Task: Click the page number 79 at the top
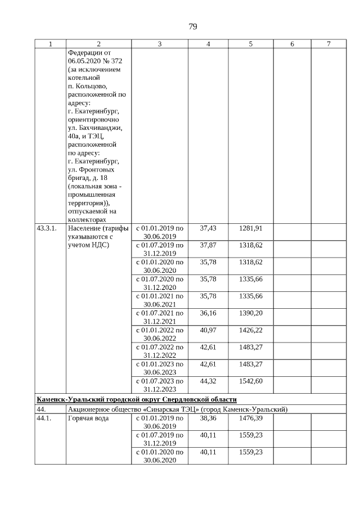(192, 27)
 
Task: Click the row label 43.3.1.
(47, 228)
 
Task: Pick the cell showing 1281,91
(251, 228)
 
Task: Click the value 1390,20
(251, 313)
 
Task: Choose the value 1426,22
(251, 330)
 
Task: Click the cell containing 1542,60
(251, 380)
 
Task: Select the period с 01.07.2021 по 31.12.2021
(159, 317)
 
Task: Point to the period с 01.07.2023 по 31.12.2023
(159, 384)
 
